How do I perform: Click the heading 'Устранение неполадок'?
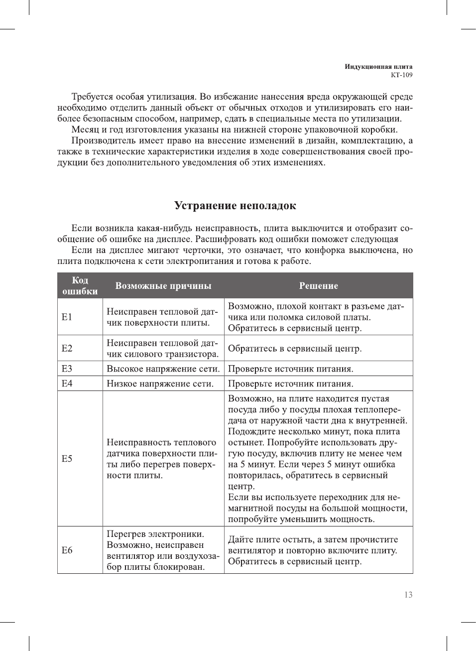pos(235,206)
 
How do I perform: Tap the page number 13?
pos(408,595)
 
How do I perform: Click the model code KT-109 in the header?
pos(401,75)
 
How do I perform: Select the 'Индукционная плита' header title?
pos(378,67)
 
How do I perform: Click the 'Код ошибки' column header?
pos(80,286)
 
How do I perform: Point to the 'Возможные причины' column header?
pos(163,286)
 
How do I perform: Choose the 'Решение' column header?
pos(318,286)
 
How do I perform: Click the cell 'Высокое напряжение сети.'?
pos(163,369)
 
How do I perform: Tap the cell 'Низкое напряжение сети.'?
pos(160,384)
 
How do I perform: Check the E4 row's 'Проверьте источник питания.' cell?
pos(291,384)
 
